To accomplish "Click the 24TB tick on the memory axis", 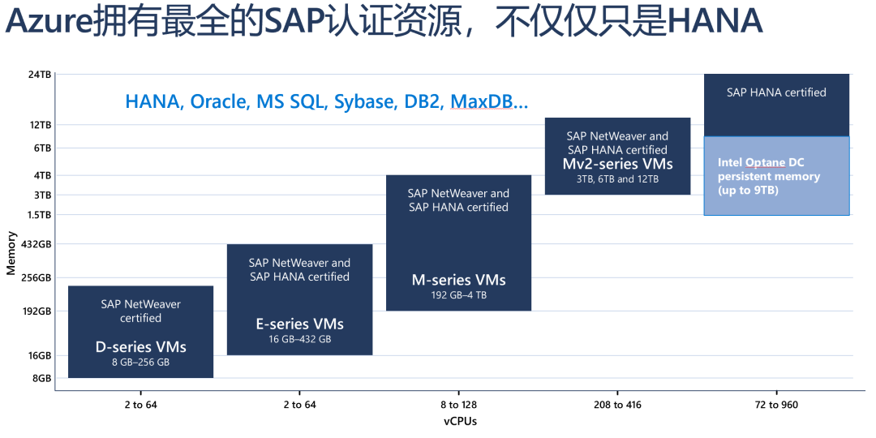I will (x=40, y=75).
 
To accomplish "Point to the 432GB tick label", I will (x=37, y=244).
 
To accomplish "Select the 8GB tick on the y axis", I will (x=41, y=378).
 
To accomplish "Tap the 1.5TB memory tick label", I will (x=38, y=215).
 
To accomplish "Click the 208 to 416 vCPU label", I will (x=616, y=405).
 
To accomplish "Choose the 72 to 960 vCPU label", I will (x=776, y=405).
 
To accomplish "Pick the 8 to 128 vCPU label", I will (x=458, y=405).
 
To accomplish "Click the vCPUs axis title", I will (x=460, y=421).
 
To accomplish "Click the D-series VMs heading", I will (x=140, y=347).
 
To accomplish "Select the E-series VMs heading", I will (x=299, y=324).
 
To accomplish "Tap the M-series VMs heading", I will (x=458, y=280).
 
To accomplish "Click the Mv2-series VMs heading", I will (x=617, y=164).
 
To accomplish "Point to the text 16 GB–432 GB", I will (x=299, y=339).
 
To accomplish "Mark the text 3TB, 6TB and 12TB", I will (x=617, y=179).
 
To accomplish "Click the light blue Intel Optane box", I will (x=776, y=176).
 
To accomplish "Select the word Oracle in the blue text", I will (x=220, y=102).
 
